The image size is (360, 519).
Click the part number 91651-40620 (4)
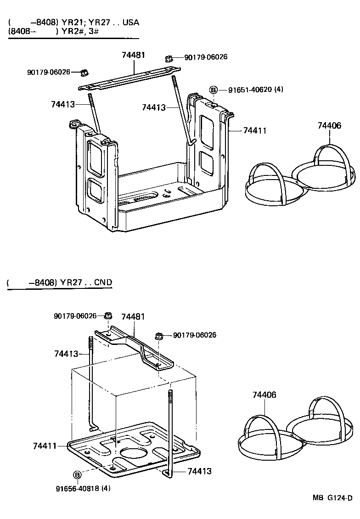(255, 90)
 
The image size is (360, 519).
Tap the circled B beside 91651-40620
(213, 90)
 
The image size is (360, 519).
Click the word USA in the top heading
(130, 22)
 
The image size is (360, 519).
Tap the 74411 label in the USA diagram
(254, 131)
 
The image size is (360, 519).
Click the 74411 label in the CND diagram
(45, 446)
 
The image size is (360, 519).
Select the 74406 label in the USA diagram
(329, 125)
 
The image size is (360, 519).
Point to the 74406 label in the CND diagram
(264, 395)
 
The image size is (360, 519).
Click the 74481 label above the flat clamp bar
(133, 55)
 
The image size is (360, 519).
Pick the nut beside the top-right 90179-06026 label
(169, 58)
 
